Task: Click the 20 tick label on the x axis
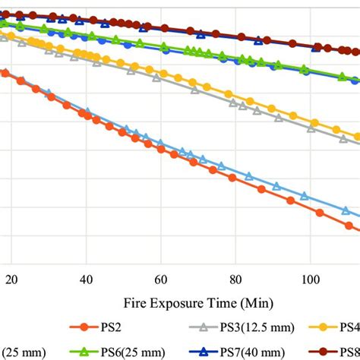[12, 279]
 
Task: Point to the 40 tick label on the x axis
[86, 279]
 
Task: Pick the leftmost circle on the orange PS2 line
[5, 73]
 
